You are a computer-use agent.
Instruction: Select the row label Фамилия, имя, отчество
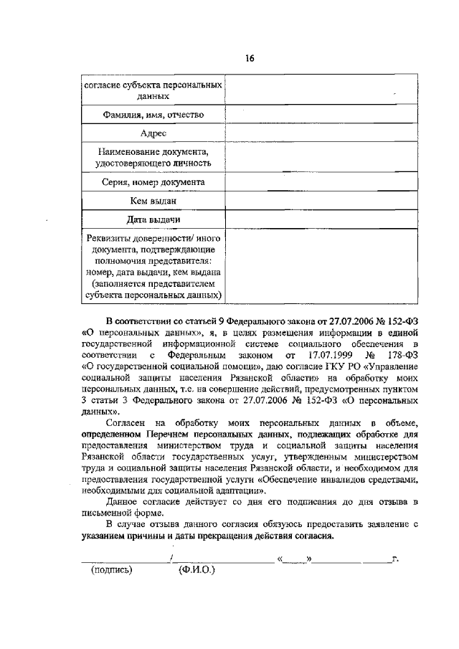pyautogui.click(x=153, y=115)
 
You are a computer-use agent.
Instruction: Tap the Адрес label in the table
pyautogui.click(x=153, y=134)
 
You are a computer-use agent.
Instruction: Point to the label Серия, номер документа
pyautogui.click(x=153, y=183)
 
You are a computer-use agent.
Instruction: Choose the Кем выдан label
pyautogui.click(x=153, y=202)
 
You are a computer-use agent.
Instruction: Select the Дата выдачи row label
pyautogui.click(x=153, y=219)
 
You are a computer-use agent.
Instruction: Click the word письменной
pyautogui.click(x=105, y=513)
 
